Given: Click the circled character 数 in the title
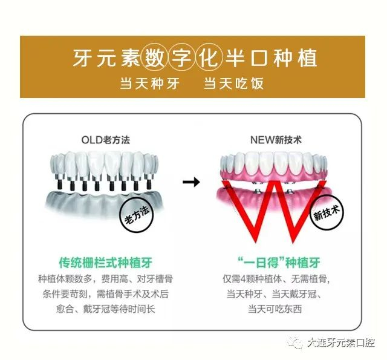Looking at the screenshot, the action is click(154, 57).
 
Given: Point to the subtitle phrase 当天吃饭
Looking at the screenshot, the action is click(234, 83).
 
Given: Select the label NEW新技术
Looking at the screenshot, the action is click(276, 140).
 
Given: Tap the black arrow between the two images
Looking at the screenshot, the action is click(192, 182).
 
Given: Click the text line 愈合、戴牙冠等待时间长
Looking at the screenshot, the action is click(104, 309).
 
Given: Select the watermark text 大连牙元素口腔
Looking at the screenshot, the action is click(340, 343).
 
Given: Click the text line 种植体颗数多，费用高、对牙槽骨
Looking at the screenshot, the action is click(104, 279).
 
